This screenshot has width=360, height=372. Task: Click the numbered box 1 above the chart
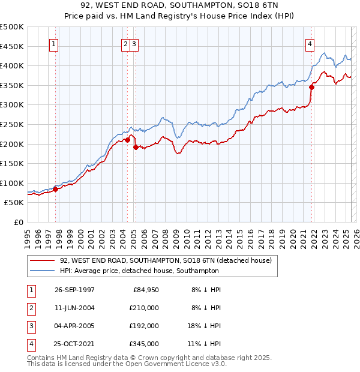[x=54, y=43]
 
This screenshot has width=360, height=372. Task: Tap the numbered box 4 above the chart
[x=310, y=43]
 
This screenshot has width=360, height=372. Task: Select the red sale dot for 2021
[x=312, y=87]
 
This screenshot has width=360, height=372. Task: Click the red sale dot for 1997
[x=56, y=189]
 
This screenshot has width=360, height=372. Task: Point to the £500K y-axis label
[x=12, y=27]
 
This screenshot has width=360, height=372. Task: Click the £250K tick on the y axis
[x=12, y=124]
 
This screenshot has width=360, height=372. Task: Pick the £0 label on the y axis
[x=18, y=222]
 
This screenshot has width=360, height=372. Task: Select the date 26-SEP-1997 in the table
[x=74, y=290]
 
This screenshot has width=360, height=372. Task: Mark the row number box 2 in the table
[x=29, y=308]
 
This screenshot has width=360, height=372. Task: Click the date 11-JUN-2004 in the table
[x=74, y=308]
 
